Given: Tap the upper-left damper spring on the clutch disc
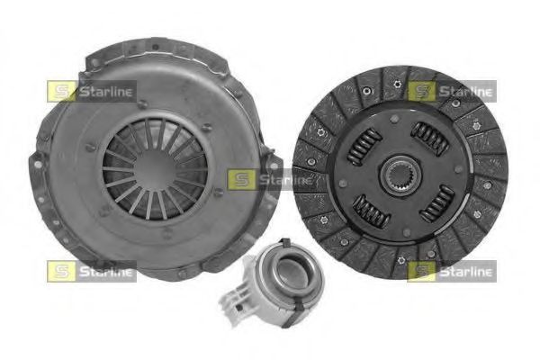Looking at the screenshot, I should [x=363, y=145].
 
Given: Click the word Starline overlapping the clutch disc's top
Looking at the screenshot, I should [x=465, y=91].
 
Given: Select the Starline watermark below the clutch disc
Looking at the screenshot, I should [x=452, y=270].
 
